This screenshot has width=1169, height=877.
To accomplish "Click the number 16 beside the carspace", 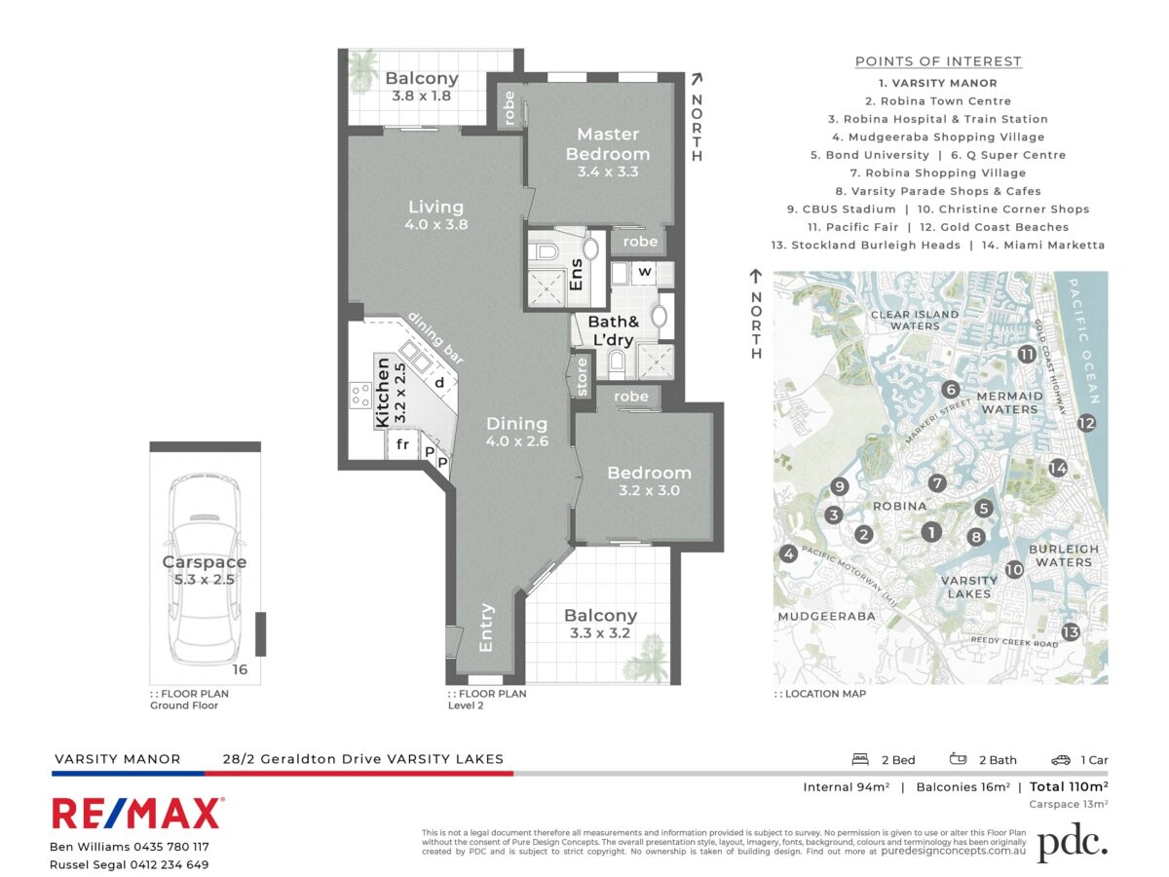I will click(x=240, y=669).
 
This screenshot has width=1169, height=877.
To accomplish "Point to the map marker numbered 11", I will click(x=1027, y=355).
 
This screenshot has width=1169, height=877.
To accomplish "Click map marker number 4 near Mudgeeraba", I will click(x=788, y=554).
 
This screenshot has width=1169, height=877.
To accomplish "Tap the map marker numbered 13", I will click(x=1071, y=631).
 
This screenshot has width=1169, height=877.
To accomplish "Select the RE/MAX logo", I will click(x=136, y=813).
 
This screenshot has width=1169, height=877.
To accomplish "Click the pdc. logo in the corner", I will click(x=1072, y=843).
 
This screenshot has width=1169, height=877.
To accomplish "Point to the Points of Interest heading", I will click(x=938, y=61).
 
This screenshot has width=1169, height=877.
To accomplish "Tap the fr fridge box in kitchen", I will click(x=401, y=446).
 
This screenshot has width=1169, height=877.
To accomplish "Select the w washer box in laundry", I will click(x=644, y=272).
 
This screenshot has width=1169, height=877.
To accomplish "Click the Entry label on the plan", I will click(x=486, y=629).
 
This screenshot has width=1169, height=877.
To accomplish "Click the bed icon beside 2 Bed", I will click(x=860, y=760).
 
